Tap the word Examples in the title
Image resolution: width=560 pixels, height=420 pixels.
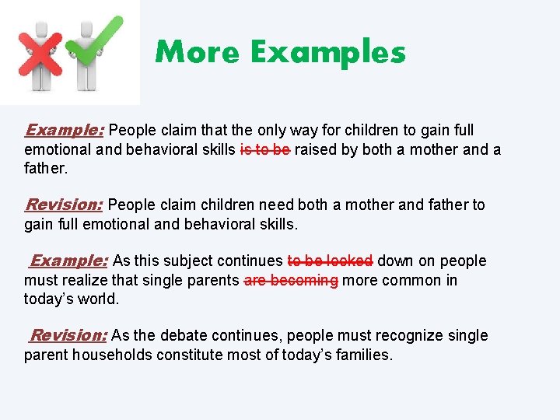click(x=327, y=53)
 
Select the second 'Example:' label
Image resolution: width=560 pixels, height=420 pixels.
click(x=69, y=261)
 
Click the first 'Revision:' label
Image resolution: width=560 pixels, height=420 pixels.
click(x=65, y=205)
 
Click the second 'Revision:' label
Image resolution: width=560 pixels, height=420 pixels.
click(x=68, y=335)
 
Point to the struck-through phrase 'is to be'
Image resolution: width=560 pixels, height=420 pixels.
click(x=265, y=149)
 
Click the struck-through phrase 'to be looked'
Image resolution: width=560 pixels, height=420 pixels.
click(x=330, y=261)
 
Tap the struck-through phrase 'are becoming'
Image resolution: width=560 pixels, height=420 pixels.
click(x=291, y=280)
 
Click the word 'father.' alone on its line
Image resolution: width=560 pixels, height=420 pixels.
click(x=46, y=168)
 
